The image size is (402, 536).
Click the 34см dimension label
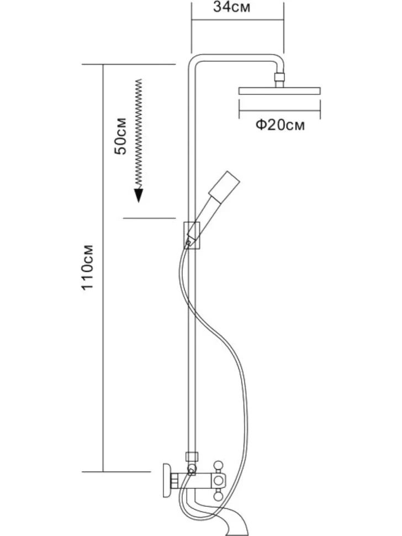coord(231,7)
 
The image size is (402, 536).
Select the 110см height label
coord(87,267)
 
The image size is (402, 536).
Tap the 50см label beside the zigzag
coord(120,136)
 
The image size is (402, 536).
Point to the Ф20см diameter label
coord(280,125)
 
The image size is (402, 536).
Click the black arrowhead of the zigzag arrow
coord(139,195)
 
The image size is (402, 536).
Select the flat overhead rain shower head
coord(280,91)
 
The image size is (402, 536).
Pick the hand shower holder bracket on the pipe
coord(192,235)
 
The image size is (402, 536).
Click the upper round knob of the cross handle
coord(218,466)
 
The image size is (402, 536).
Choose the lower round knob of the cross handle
coord(218,495)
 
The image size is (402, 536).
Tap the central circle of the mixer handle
coord(218,481)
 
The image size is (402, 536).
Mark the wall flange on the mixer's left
coord(167,481)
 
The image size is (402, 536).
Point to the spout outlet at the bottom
coord(241,530)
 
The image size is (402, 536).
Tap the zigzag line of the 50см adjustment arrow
coord(139,134)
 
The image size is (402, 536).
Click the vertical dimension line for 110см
coord(103,268)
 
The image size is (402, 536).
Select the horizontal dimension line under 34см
coord(237,20)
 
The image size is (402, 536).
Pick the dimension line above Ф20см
coord(280,111)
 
